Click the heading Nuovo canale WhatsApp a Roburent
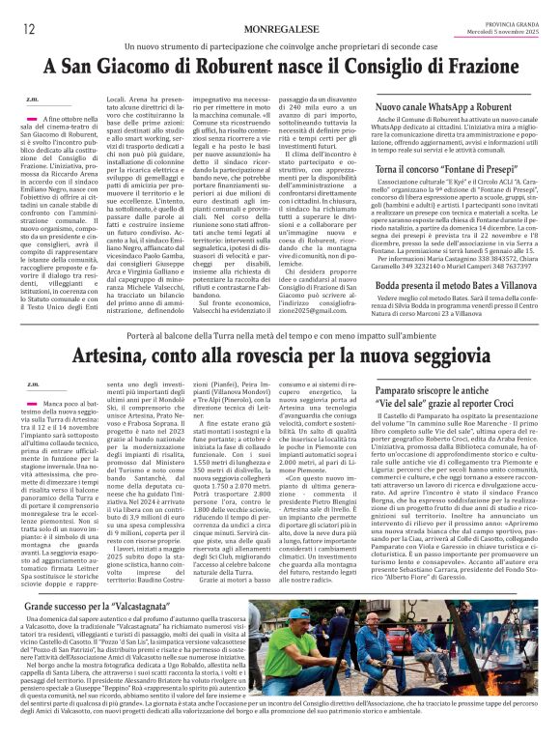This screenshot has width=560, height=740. [x=443, y=111]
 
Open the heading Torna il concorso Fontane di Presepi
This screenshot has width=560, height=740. [x=443, y=169]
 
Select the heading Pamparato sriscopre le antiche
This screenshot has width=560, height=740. [x=443, y=392]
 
